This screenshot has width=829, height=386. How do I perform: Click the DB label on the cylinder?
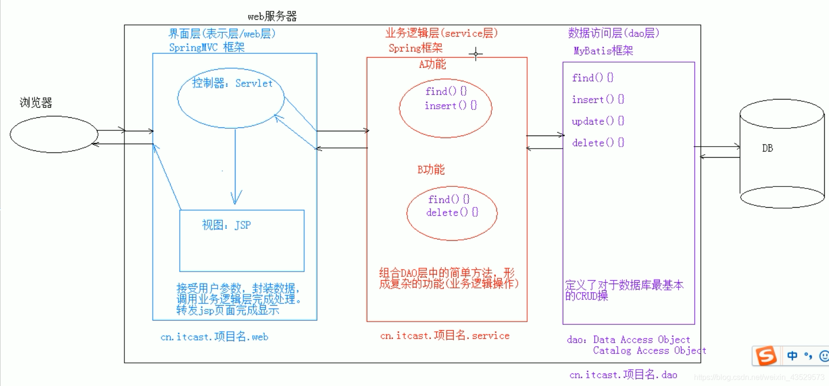pos(767,149)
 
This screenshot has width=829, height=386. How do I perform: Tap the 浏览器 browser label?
pos(36,103)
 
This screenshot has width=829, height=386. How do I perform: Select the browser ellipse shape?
pos(54,134)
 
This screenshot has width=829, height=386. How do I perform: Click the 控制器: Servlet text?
pos(232,84)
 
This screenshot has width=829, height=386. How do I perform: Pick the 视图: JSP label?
pos(226,225)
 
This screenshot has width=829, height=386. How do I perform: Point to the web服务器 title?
pos(272,16)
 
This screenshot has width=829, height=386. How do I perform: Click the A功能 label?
pos(433,64)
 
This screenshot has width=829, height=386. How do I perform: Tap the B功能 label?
pos(431,170)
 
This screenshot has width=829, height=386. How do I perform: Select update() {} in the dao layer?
pos(598,121)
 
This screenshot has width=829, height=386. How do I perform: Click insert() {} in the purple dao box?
pos(598,100)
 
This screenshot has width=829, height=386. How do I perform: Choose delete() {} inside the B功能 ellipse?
pos(452,212)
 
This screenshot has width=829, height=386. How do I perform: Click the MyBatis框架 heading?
pos(603,50)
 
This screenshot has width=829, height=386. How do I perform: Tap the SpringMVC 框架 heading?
pos(207,48)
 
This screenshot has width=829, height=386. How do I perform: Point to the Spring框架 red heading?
pos(416,48)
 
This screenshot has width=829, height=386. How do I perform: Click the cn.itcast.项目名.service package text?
pos(445,336)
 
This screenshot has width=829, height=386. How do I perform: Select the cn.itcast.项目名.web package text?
pos(214,337)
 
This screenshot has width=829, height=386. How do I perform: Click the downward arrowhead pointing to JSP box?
pos(236,198)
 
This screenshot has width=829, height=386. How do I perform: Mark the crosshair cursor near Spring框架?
pos(476,54)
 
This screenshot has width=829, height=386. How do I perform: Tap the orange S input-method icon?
pos(766,356)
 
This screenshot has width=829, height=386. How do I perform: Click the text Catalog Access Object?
pos(649,351)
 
